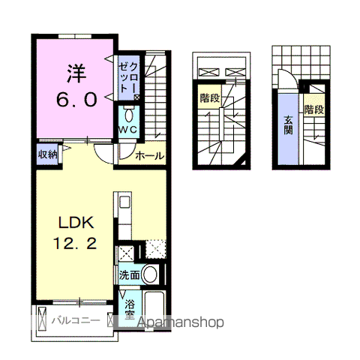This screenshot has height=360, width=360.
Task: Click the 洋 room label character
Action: (x=76, y=73)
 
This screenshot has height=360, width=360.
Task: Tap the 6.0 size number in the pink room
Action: (x=76, y=100)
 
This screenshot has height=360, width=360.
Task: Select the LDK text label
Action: (x=76, y=222)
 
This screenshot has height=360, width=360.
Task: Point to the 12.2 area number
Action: (x=75, y=243)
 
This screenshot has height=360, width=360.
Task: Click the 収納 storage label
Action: (x=47, y=154)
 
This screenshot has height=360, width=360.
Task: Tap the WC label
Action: (x=127, y=130)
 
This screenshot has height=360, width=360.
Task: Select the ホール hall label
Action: (x=149, y=156)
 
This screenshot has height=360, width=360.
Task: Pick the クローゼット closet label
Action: (x=128, y=78)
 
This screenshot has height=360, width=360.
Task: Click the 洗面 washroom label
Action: (x=129, y=275)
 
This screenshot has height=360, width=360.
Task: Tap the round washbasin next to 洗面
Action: (x=150, y=274)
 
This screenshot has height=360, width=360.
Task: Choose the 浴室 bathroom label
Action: (x=130, y=308)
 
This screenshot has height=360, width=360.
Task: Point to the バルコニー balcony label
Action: (x=76, y=320)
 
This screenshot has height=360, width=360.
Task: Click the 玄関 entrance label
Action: (x=288, y=126)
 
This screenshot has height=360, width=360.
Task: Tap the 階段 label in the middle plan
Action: (x=210, y=98)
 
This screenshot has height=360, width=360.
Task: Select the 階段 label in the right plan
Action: (x=314, y=109)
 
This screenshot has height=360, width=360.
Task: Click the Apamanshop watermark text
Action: (x=181, y=322)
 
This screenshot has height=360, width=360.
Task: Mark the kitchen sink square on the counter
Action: (x=124, y=202)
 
